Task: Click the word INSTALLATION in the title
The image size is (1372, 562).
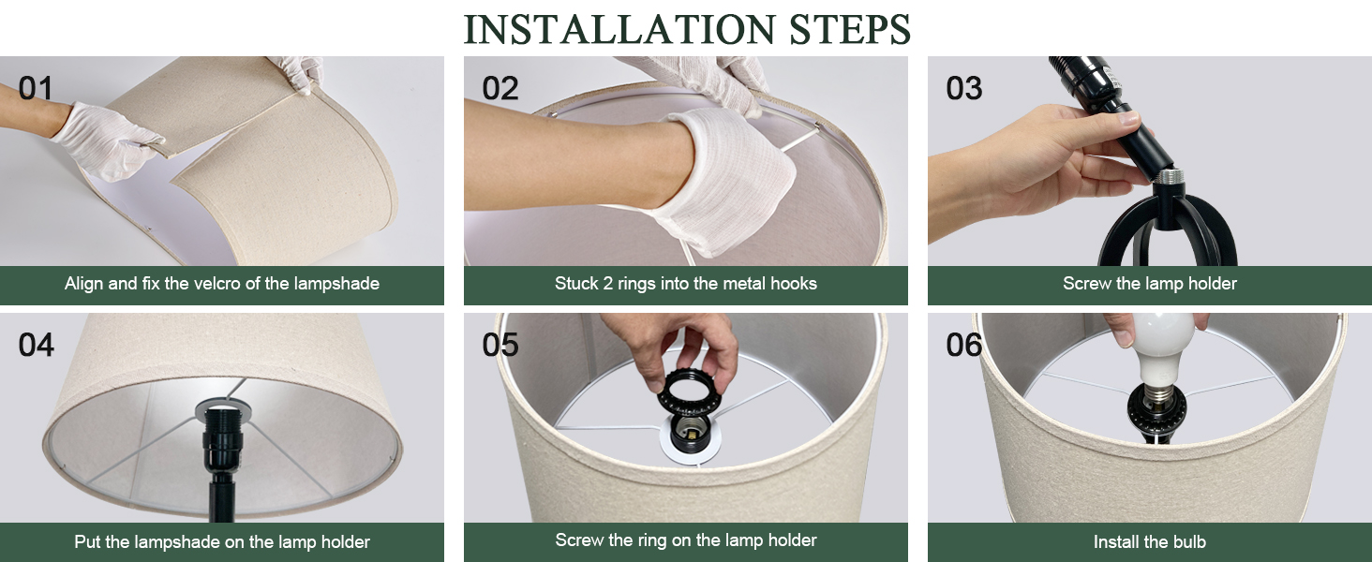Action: pyautogui.click(x=619, y=29)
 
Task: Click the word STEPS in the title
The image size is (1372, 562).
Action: pyautogui.click(x=850, y=29)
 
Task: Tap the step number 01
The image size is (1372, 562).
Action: pyautogui.click(x=36, y=88)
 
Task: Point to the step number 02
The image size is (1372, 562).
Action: pyautogui.click(x=500, y=88)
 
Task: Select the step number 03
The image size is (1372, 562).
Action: pyautogui.click(x=963, y=88)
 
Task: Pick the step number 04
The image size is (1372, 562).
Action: pyautogui.click(x=37, y=345)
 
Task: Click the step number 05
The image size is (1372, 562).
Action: pyautogui.click(x=500, y=345)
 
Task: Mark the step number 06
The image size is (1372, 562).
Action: pyautogui.click(x=963, y=345)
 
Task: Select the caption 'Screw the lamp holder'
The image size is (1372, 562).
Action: pyautogui.click(x=1150, y=284)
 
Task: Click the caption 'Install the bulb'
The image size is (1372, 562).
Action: pyautogui.click(x=1150, y=541)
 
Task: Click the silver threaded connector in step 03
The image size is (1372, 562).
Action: pyautogui.click(x=1168, y=177)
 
